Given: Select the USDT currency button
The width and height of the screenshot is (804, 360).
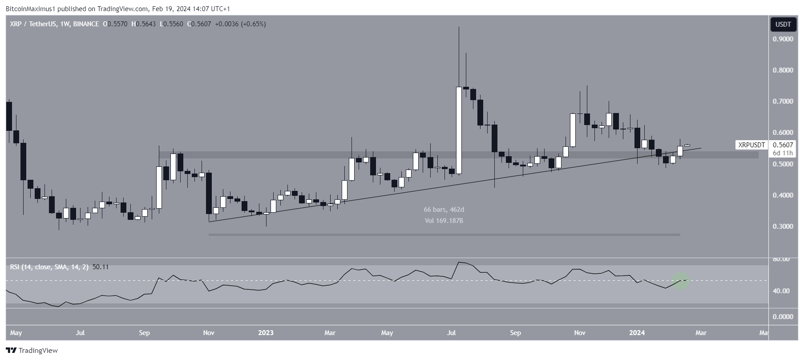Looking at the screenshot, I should (x=783, y=24).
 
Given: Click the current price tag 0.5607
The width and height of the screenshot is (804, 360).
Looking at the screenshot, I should (x=782, y=145).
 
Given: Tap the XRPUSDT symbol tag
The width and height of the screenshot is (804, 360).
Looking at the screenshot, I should (x=752, y=145).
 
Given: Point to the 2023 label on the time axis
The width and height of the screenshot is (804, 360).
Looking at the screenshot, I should (x=266, y=333).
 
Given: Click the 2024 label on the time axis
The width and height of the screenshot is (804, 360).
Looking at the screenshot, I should (x=637, y=333).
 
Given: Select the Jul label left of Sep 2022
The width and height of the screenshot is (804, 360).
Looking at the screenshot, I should (x=81, y=333).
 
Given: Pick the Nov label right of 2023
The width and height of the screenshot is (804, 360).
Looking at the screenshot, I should (x=579, y=333).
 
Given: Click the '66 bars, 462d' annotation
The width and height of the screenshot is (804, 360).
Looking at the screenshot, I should (x=444, y=210).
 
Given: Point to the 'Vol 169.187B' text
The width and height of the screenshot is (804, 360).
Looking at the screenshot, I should (x=444, y=220).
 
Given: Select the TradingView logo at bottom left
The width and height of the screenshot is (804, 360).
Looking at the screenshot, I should (x=32, y=351).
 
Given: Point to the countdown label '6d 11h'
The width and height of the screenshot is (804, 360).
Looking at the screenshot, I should (x=783, y=153).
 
